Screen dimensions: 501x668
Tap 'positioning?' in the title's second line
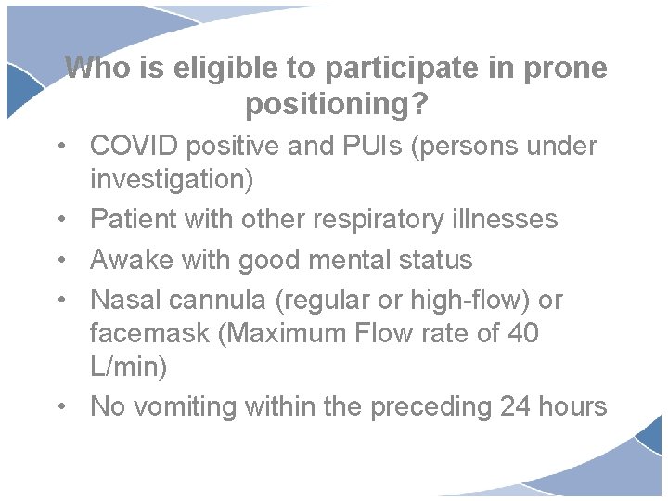tap(337, 105)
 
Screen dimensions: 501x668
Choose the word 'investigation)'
tap(171, 179)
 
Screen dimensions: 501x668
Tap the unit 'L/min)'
tap(128, 366)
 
